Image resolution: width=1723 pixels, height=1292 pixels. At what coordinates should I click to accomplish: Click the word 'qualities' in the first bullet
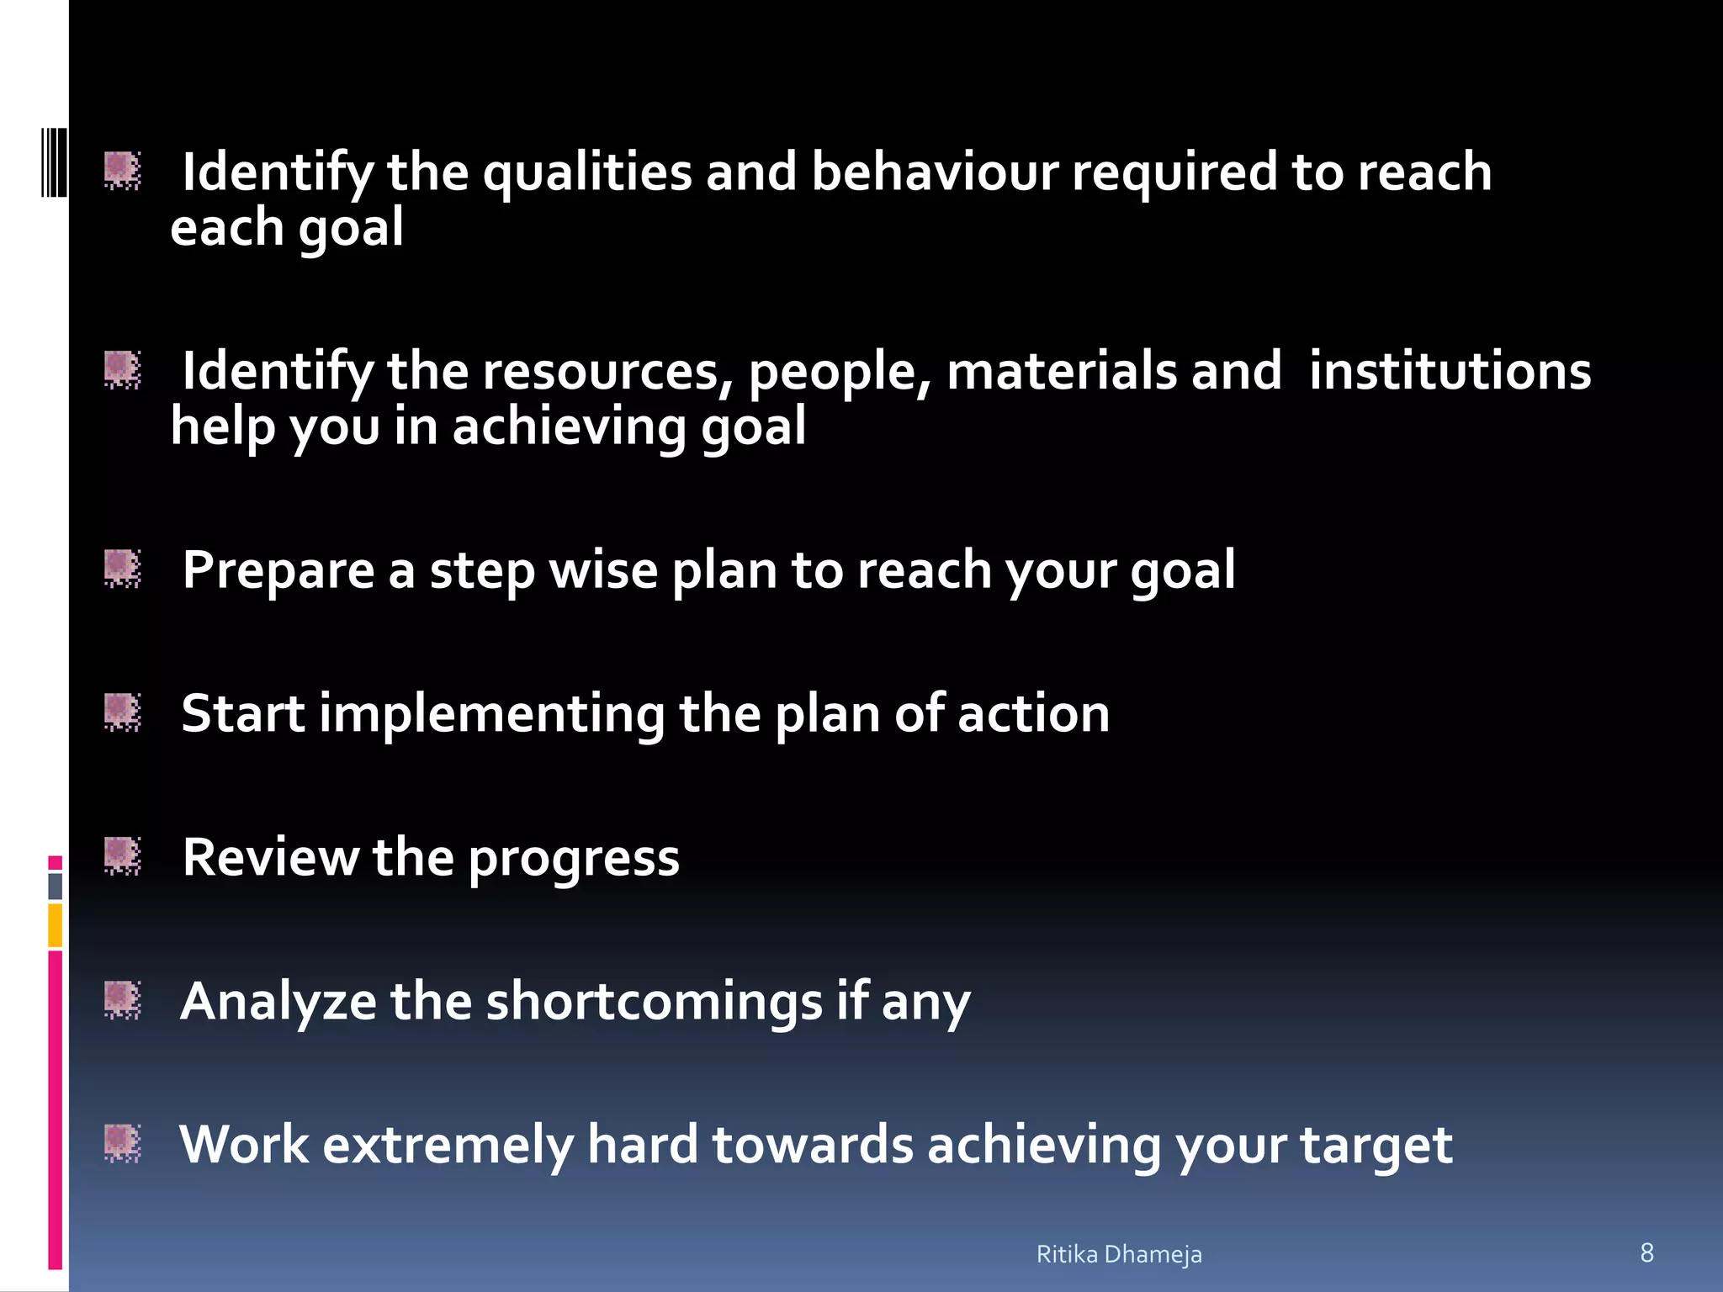tap(586, 172)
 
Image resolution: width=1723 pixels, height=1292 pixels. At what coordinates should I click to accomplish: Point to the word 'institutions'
tap(1450, 371)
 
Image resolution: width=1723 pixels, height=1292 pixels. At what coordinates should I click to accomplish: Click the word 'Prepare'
tap(278, 571)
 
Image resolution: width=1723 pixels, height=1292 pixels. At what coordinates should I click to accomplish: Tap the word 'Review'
tap(270, 858)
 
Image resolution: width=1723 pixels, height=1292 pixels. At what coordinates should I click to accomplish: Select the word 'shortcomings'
tap(654, 1002)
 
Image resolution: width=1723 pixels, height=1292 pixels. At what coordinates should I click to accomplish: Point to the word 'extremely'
tap(448, 1146)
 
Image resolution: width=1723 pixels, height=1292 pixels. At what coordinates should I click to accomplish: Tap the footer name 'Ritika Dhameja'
tap(1118, 1254)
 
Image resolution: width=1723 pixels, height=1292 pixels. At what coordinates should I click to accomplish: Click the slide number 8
tap(1646, 1252)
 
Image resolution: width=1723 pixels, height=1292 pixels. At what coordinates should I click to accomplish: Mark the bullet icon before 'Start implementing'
tap(122, 712)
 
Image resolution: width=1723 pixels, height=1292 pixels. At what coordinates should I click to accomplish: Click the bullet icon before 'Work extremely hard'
tap(122, 1143)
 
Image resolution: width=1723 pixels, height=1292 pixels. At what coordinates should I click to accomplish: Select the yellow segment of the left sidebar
tap(55, 925)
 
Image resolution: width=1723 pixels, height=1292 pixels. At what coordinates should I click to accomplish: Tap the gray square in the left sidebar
tap(55, 886)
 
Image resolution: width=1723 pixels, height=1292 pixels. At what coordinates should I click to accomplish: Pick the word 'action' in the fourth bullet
tap(1033, 714)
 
